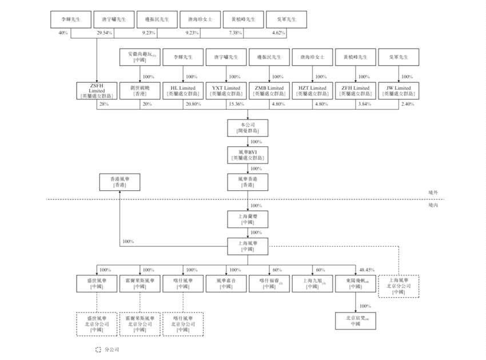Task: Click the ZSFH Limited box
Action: click(x=97, y=91)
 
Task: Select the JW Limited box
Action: click(x=399, y=91)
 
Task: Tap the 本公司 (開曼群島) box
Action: click(x=247, y=127)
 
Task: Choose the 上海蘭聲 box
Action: click(x=247, y=219)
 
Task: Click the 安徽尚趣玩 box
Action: click(x=140, y=57)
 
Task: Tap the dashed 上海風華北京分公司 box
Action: click(x=399, y=286)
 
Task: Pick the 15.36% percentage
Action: click(x=236, y=105)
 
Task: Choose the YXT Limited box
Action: click(x=226, y=91)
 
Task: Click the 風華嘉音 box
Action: click(x=226, y=283)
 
